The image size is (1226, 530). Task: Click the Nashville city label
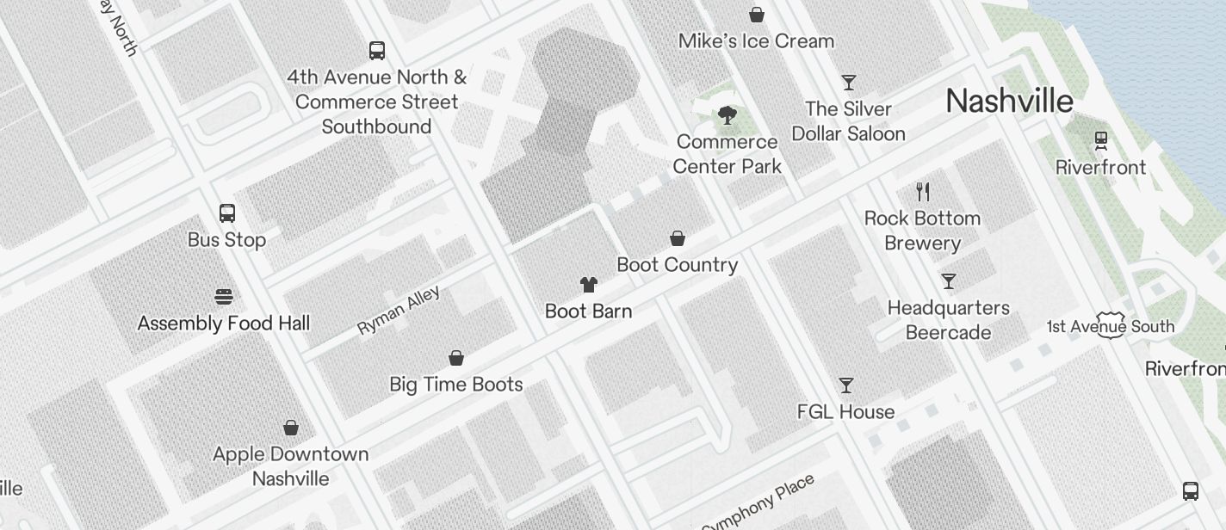[1009, 101]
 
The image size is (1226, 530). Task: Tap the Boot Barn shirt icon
[588, 285]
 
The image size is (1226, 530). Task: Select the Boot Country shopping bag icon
[678, 238]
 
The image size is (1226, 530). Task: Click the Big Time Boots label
[456, 384]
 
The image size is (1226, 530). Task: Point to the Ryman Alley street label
[399, 310]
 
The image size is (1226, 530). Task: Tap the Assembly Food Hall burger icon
[224, 297]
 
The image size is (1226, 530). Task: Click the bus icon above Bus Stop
[227, 213]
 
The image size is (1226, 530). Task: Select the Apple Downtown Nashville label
[290, 465]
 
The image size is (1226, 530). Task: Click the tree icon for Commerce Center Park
[728, 115]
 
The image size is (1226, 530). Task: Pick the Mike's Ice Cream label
[756, 40]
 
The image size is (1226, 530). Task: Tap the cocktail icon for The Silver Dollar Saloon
[849, 83]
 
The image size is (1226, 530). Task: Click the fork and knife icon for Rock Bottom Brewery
[923, 191]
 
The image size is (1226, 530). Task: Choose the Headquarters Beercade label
[948, 319]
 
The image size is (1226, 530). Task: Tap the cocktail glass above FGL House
[846, 385]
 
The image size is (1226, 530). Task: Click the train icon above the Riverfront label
[1100, 140]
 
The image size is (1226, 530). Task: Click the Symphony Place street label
[758, 504]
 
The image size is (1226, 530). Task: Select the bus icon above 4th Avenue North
[377, 51]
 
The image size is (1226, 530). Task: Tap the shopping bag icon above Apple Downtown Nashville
[291, 428]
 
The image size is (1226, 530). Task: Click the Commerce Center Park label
[728, 153]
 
